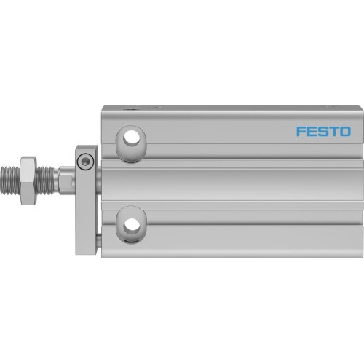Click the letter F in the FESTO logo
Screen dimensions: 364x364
tap(301, 132)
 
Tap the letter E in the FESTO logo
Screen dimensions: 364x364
tap(312, 132)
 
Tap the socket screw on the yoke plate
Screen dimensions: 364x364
tap(87, 161)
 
